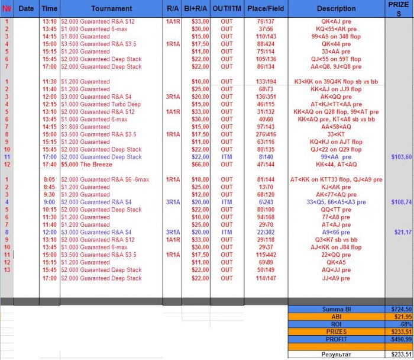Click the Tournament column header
pos(112,9)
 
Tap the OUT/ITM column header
pos(227,9)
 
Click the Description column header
pos(336,9)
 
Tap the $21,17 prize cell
pos(403,232)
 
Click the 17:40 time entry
pos(50,165)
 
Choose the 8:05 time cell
pos(51,179)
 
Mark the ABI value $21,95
pos(402,317)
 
